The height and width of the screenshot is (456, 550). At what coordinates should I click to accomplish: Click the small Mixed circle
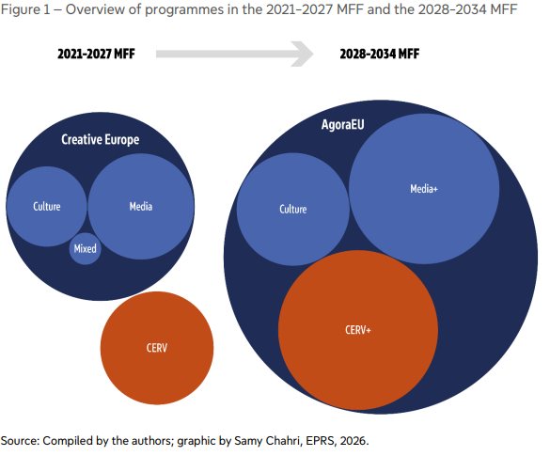85,248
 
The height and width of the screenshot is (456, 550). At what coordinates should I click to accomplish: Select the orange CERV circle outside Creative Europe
157,348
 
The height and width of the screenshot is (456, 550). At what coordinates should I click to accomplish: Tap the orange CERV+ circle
358,330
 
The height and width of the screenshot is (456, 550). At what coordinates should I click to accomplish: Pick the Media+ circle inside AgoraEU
424,189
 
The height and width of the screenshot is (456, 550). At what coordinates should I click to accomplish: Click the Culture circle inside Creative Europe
47,206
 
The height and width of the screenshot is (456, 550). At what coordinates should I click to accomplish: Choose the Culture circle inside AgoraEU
293,209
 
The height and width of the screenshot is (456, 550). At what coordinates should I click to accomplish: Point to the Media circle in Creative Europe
141,206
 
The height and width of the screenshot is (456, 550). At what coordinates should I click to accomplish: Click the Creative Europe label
101,139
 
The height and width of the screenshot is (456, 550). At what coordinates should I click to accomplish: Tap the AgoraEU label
343,124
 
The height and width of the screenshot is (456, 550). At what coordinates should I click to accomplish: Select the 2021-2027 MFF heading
96,54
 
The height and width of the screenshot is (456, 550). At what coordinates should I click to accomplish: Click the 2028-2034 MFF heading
380,54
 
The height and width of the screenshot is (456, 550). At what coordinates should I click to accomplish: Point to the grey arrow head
303,54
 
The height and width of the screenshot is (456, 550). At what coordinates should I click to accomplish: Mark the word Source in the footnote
20,441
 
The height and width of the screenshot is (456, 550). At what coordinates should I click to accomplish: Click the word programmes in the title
184,10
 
